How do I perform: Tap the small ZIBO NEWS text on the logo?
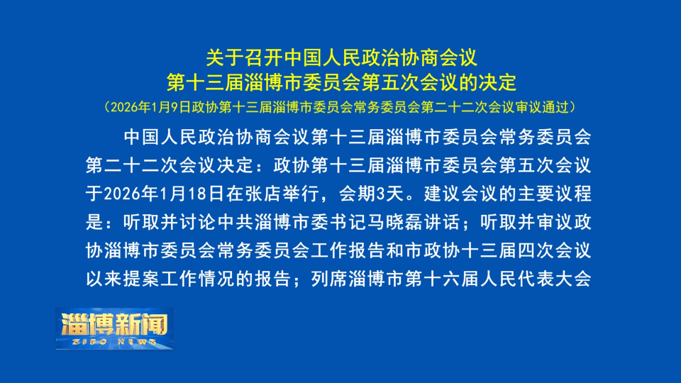pyautogui.click(x=113, y=342)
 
